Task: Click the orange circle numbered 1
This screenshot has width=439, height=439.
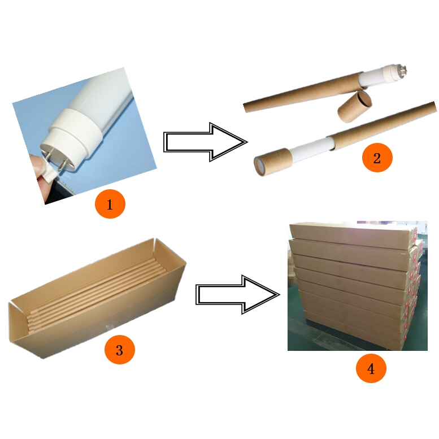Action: point(110,204)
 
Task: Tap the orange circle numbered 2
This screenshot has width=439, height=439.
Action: point(377,158)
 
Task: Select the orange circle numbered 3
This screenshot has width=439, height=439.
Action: point(120,349)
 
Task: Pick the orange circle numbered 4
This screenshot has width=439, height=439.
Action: point(371,368)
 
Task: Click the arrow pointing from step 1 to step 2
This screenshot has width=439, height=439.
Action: point(205,142)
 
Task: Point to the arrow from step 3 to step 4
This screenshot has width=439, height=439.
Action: point(237,294)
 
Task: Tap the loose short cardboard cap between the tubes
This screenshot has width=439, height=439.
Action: point(355,107)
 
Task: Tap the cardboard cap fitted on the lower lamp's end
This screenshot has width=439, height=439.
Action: point(273,162)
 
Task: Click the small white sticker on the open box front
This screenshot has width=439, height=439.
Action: point(108,327)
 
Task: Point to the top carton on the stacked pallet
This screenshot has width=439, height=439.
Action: point(353,234)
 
